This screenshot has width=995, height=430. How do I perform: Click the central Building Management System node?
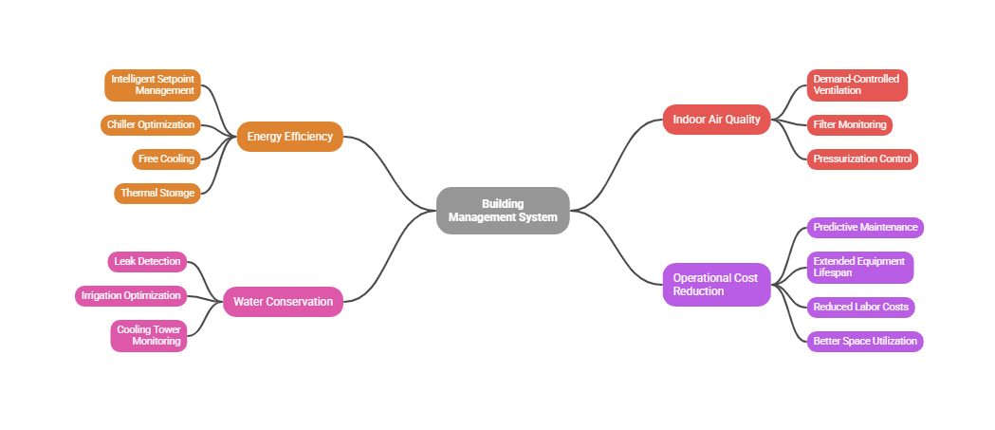coord(503,211)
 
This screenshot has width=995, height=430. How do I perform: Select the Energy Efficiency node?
coord(289,137)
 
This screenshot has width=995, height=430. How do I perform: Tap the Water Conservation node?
coord(283,302)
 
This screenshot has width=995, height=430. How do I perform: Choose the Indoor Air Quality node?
coord(716,120)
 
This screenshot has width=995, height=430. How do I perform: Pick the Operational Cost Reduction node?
coord(715,284)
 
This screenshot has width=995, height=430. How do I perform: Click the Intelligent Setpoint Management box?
coord(153,85)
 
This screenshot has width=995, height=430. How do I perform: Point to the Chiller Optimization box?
coord(151,124)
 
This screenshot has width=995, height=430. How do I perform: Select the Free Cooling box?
coord(166,159)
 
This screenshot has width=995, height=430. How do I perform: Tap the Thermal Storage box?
coord(157,193)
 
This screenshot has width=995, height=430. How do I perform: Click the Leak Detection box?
coord(147,261)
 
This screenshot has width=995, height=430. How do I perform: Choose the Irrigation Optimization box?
coord(131,295)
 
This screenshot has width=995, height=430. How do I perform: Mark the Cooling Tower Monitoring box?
coord(148,335)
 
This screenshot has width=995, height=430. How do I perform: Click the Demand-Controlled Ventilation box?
coord(857,84)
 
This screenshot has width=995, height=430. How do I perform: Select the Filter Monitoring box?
coord(849,124)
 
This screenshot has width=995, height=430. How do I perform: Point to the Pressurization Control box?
coord(862,159)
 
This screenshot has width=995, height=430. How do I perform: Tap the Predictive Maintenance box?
coord(865,227)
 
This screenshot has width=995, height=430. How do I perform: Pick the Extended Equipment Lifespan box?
coord(859,267)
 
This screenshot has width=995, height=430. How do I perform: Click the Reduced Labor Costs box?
coord(860,307)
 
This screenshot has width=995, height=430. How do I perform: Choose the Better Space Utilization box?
coord(865,341)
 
